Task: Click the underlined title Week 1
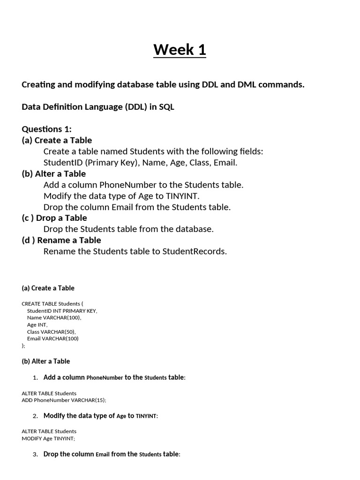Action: point(180,49)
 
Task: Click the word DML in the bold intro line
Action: point(247,84)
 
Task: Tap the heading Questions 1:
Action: point(46,129)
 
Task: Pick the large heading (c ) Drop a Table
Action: point(54,218)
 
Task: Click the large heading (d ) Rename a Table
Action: point(61,240)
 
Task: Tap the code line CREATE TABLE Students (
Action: point(52,304)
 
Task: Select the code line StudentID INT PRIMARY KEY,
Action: point(62,311)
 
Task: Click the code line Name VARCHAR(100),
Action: point(54,318)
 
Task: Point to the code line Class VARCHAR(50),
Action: point(51,331)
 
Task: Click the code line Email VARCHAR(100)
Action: point(53,338)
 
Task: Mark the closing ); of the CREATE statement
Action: point(23,345)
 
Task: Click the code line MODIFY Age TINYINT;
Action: point(48,438)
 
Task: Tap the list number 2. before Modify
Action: point(35,416)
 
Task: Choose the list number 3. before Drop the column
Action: point(35,455)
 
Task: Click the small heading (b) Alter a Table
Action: point(46,361)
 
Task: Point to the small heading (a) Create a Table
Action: point(48,288)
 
